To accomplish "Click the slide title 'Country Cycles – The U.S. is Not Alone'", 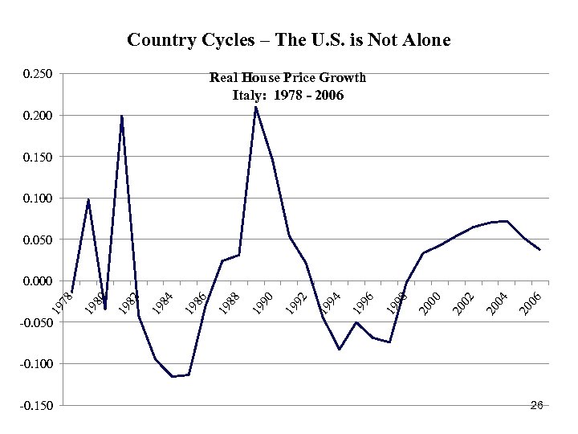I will (289, 39).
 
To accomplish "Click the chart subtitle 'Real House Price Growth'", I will (287, 78).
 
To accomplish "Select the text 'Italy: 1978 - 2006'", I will (287, 95).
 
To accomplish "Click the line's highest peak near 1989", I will (255, 107).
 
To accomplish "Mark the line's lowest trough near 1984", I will (173, 376).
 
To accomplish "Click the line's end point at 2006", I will (539, 250).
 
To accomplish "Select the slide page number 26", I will (537, 405).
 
